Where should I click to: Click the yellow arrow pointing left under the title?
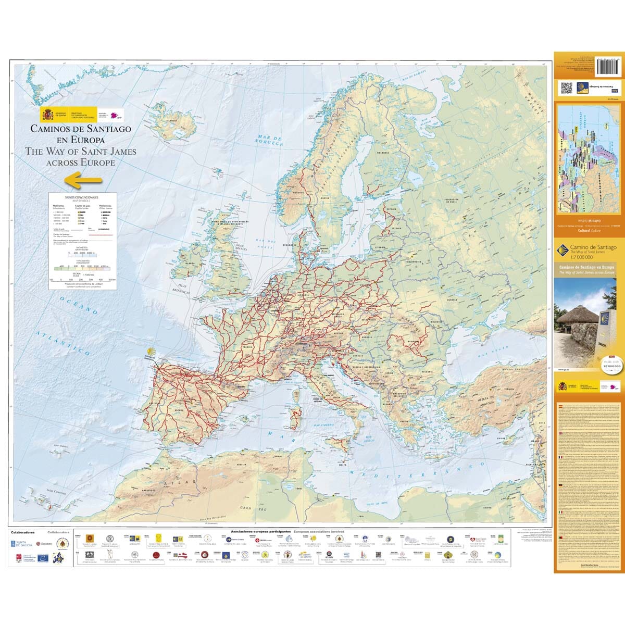coord(83,181)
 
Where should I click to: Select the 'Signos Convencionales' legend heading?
coord(81,198)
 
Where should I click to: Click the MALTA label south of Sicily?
coord(343,463)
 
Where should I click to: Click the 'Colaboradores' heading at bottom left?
coord(22,532)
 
